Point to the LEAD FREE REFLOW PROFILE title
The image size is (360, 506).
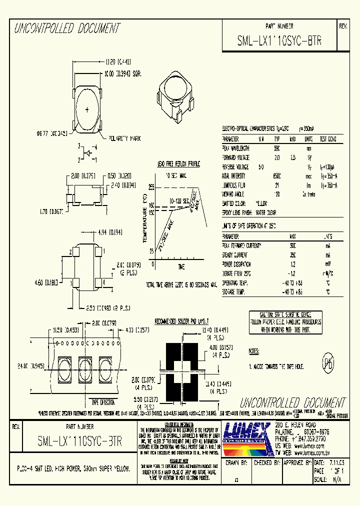pyautogui.click(x=178, y=163)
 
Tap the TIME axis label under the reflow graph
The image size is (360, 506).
pyautogui.click(x=180, y=266)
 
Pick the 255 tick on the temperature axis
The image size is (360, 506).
pyautogui.click(x=151, y=186)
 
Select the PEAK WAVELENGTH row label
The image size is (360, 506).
pyautogui.click(x=235, y=148)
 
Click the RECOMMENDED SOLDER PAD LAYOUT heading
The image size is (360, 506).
pyautogui.click(x=181, y=320)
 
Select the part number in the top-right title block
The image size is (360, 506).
pyautogui.click(x=279, y=42)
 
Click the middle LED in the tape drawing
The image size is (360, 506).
pyautogui.click(x=83, y=369)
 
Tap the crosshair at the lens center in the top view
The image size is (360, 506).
pyautogui.click(x=87, y=109)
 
